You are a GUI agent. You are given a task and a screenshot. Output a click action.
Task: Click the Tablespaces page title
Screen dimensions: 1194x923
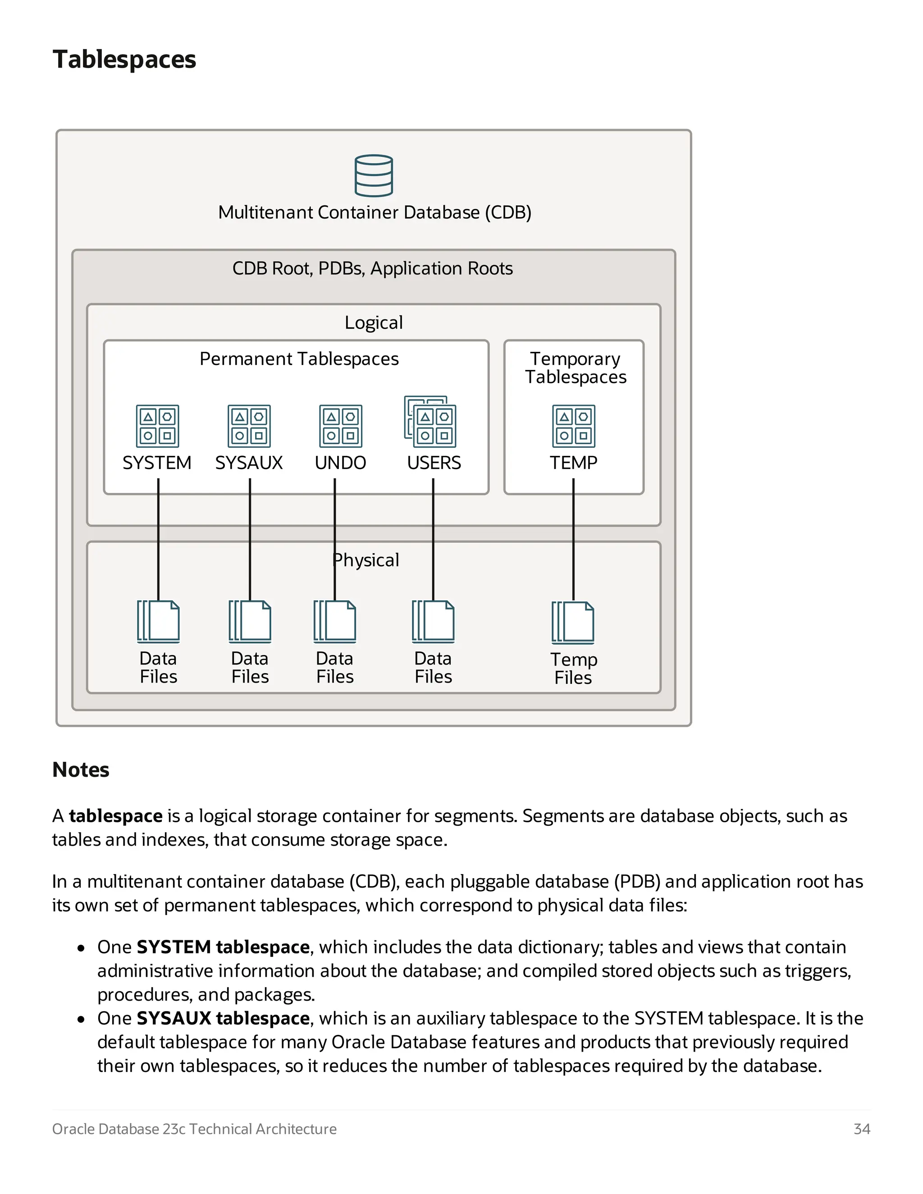(124, 59)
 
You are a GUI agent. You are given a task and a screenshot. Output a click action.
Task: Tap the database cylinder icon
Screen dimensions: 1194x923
(374, 175)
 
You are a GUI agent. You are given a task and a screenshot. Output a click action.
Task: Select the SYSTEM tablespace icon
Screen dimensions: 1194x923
(157, 426)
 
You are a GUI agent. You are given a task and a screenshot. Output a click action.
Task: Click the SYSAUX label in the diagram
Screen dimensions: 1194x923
(249, 463)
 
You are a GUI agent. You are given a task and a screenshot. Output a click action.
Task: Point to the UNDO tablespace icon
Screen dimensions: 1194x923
(341, 426)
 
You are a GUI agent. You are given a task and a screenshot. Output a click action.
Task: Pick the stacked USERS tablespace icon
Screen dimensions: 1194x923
(431, 422)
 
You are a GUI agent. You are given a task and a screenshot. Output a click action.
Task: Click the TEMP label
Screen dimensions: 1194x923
(573, 463)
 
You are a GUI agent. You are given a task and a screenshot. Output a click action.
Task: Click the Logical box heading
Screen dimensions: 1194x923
(374, 323)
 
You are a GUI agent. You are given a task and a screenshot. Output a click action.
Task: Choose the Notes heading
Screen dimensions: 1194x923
(81, 769)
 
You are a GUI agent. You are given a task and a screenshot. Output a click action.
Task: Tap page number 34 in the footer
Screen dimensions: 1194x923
(861, 1129)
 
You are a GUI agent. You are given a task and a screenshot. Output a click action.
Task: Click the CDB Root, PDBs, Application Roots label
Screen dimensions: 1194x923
(372, 269)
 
